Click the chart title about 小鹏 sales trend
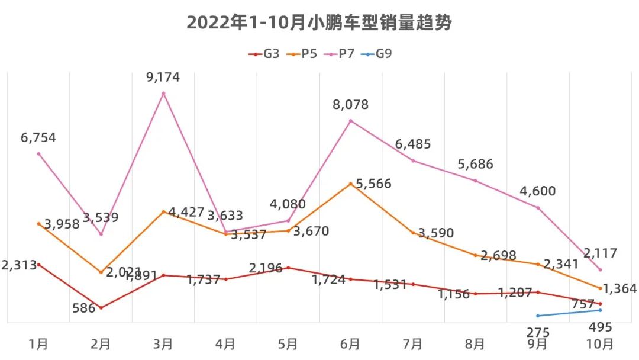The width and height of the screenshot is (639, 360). point(319,23)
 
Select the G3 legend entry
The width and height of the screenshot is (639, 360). point(264,54)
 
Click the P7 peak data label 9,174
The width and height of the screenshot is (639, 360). point(163,77)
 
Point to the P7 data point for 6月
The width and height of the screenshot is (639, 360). point(351,121)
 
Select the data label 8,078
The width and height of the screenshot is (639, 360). point(351,105)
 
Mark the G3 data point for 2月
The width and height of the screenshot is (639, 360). point(101,308)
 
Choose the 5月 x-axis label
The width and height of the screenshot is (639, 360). point(288,344)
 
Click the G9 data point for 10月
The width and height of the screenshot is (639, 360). point(601,310)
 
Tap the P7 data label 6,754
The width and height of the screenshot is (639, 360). point(38,138)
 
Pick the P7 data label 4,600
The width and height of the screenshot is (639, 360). point(538,191)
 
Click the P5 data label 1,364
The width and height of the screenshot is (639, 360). point(621,289)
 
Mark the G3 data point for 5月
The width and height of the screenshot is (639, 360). point(288,268)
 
